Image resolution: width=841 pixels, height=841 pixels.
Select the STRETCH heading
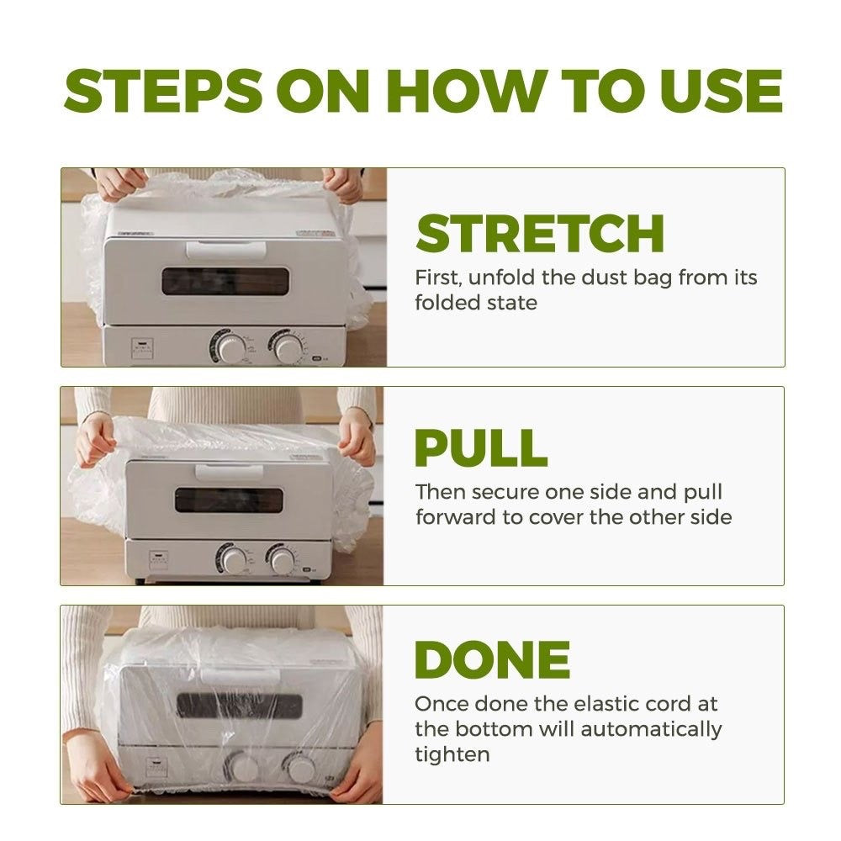540,233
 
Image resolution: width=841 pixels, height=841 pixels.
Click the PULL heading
481,448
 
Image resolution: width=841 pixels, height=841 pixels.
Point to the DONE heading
492,659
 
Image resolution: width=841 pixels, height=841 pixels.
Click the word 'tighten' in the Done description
452,755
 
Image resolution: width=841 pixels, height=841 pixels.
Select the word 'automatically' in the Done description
651,730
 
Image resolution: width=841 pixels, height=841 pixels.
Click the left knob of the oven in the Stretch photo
229,347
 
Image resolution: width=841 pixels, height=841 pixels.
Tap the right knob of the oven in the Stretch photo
288,347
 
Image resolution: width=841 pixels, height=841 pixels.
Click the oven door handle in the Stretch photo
225,250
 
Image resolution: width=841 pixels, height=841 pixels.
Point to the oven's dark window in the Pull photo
229,500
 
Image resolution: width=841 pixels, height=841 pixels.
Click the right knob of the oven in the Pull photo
281,559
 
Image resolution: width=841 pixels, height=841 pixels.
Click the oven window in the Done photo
239,706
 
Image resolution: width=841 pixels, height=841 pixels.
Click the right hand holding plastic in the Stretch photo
344,185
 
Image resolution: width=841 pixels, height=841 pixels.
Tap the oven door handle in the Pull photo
229,473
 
